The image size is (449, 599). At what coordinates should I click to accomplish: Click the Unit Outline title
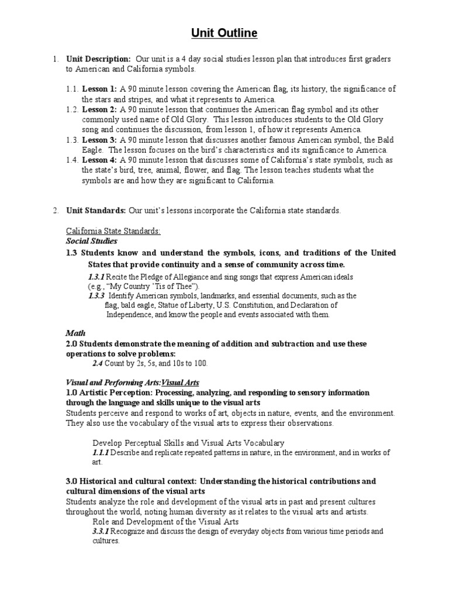click(224, 33)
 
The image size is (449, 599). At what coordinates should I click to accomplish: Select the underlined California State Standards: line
click(113, 231)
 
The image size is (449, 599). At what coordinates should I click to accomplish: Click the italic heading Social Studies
click(91, 240)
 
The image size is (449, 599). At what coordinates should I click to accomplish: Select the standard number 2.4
click(98, 363)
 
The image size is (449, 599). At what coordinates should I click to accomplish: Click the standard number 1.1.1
click(101, 452)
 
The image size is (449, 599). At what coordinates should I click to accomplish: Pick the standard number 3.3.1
click(101, 532)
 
